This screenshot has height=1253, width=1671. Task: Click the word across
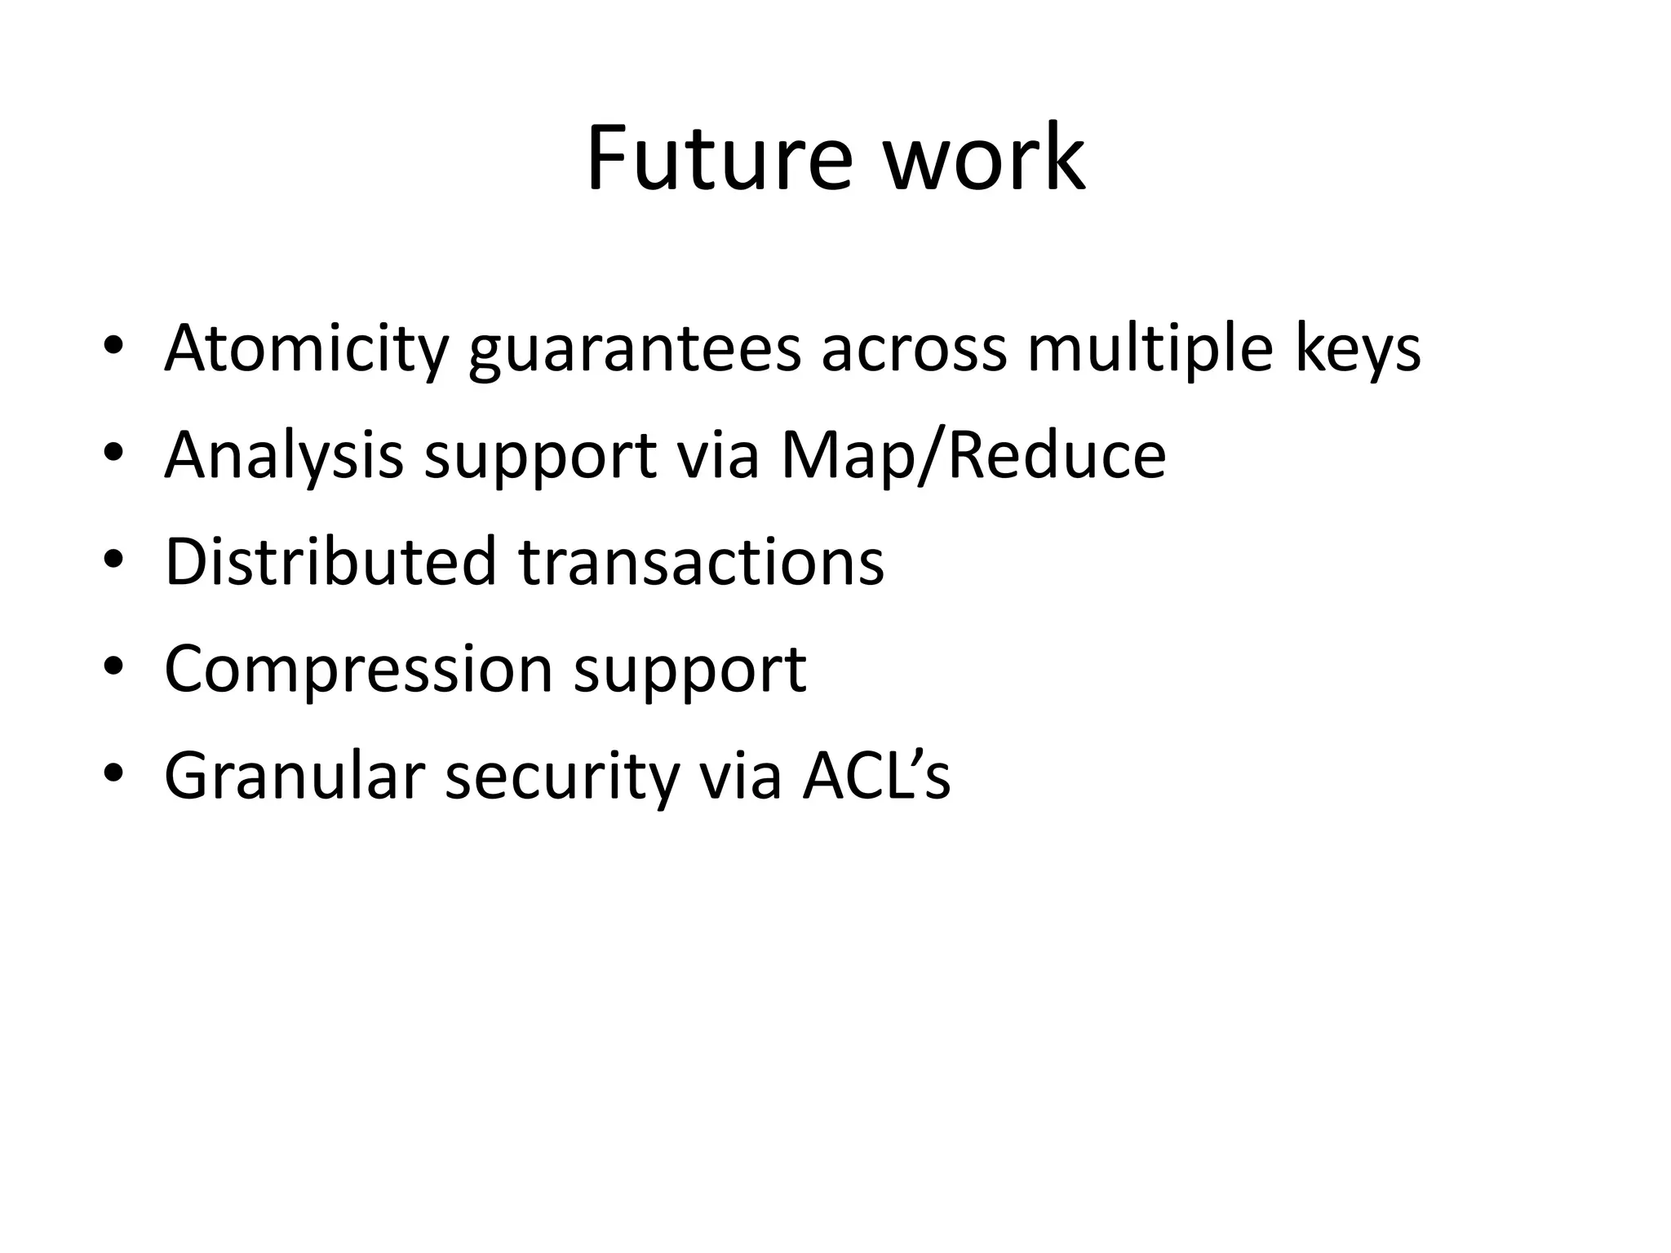point(914,349)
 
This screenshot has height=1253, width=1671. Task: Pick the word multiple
point(1150,349)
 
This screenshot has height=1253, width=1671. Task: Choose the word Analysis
point(284,456)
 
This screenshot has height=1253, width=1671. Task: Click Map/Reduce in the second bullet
point(973,456)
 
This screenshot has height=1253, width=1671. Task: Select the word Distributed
point(330,562)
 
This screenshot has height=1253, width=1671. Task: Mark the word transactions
point(701,564)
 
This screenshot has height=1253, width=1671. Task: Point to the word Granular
point(295,776)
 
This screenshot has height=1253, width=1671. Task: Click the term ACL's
point(876,776)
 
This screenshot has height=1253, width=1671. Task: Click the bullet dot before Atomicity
point(113,348)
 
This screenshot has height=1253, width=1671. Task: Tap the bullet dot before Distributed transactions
point(113,561)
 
